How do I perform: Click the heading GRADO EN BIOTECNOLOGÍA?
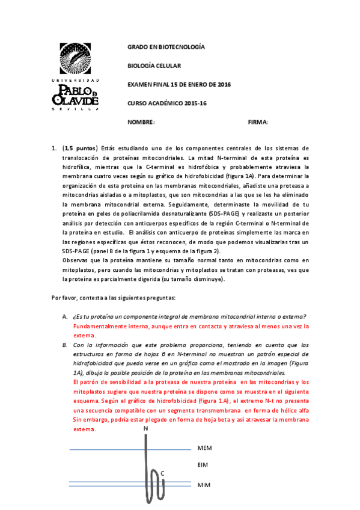[x=166, y=47]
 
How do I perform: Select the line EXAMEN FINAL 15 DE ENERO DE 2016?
[x=179, y=84]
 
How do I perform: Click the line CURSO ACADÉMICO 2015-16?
[x=167, y=103]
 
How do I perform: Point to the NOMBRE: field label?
[x=141, y=122]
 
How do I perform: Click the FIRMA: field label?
[x=257, y=122]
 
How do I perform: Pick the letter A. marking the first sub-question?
[x=64, y=316]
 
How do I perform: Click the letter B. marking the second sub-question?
[x=64, y=345]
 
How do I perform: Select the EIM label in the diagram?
[x=203, y=465]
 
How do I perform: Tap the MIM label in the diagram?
[x=204, y=484]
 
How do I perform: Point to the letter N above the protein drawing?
[x=145, y=428]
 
